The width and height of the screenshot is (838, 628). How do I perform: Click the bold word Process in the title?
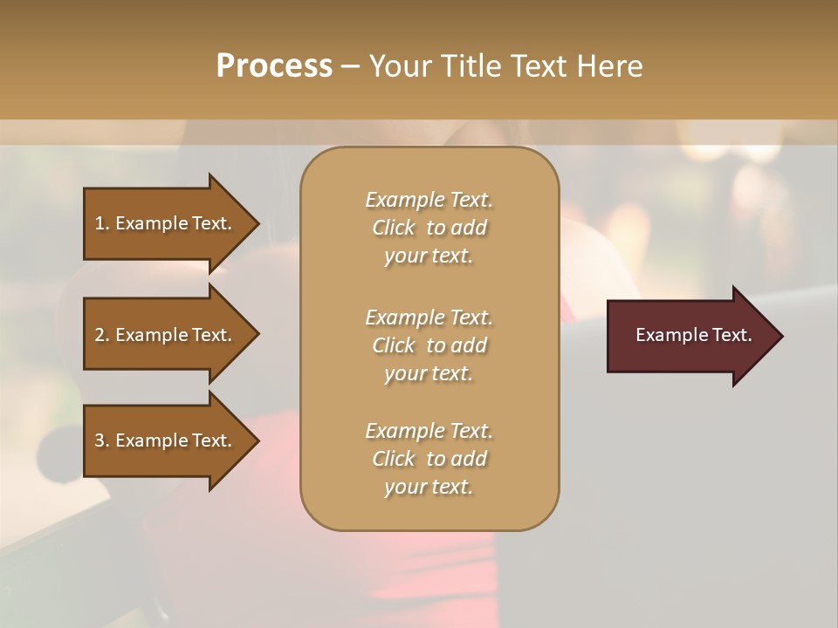coord(274,66)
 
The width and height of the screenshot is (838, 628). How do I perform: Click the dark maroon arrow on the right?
coord(690,336)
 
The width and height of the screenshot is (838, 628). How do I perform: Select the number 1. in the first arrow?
coord(102,223)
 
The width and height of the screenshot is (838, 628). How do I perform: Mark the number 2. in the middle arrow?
coord(102,335)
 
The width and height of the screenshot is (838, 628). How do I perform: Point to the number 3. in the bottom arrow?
coord(102,440)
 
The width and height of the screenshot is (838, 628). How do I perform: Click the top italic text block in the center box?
coord(429,228)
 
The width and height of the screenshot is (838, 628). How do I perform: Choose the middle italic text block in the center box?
coord(429,345)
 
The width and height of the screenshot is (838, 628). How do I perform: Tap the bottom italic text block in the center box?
coord(429,459)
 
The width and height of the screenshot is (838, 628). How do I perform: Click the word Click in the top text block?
coord(394,228)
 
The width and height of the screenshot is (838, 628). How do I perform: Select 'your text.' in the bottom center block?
coord(429,487)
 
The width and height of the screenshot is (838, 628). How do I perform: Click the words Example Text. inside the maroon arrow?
coord(693,335)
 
